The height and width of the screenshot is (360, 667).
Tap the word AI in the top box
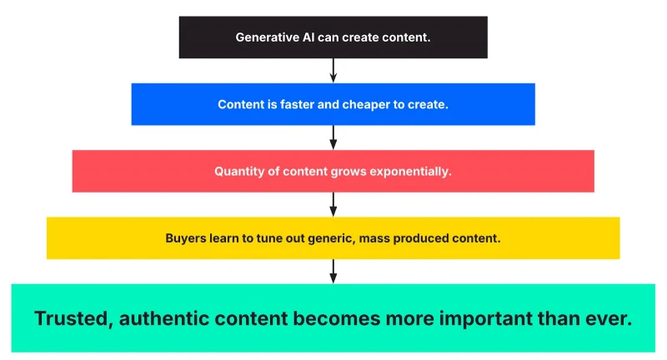point(308,37)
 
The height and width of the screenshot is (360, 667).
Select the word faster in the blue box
point(297,104)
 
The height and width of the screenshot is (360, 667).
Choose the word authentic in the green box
point(163,318)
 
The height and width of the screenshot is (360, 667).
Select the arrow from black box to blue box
point(333,71)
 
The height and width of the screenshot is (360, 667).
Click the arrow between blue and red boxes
point(333,137)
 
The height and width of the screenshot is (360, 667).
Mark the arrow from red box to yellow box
point(333,204)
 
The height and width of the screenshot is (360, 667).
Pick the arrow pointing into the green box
point(333,271)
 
